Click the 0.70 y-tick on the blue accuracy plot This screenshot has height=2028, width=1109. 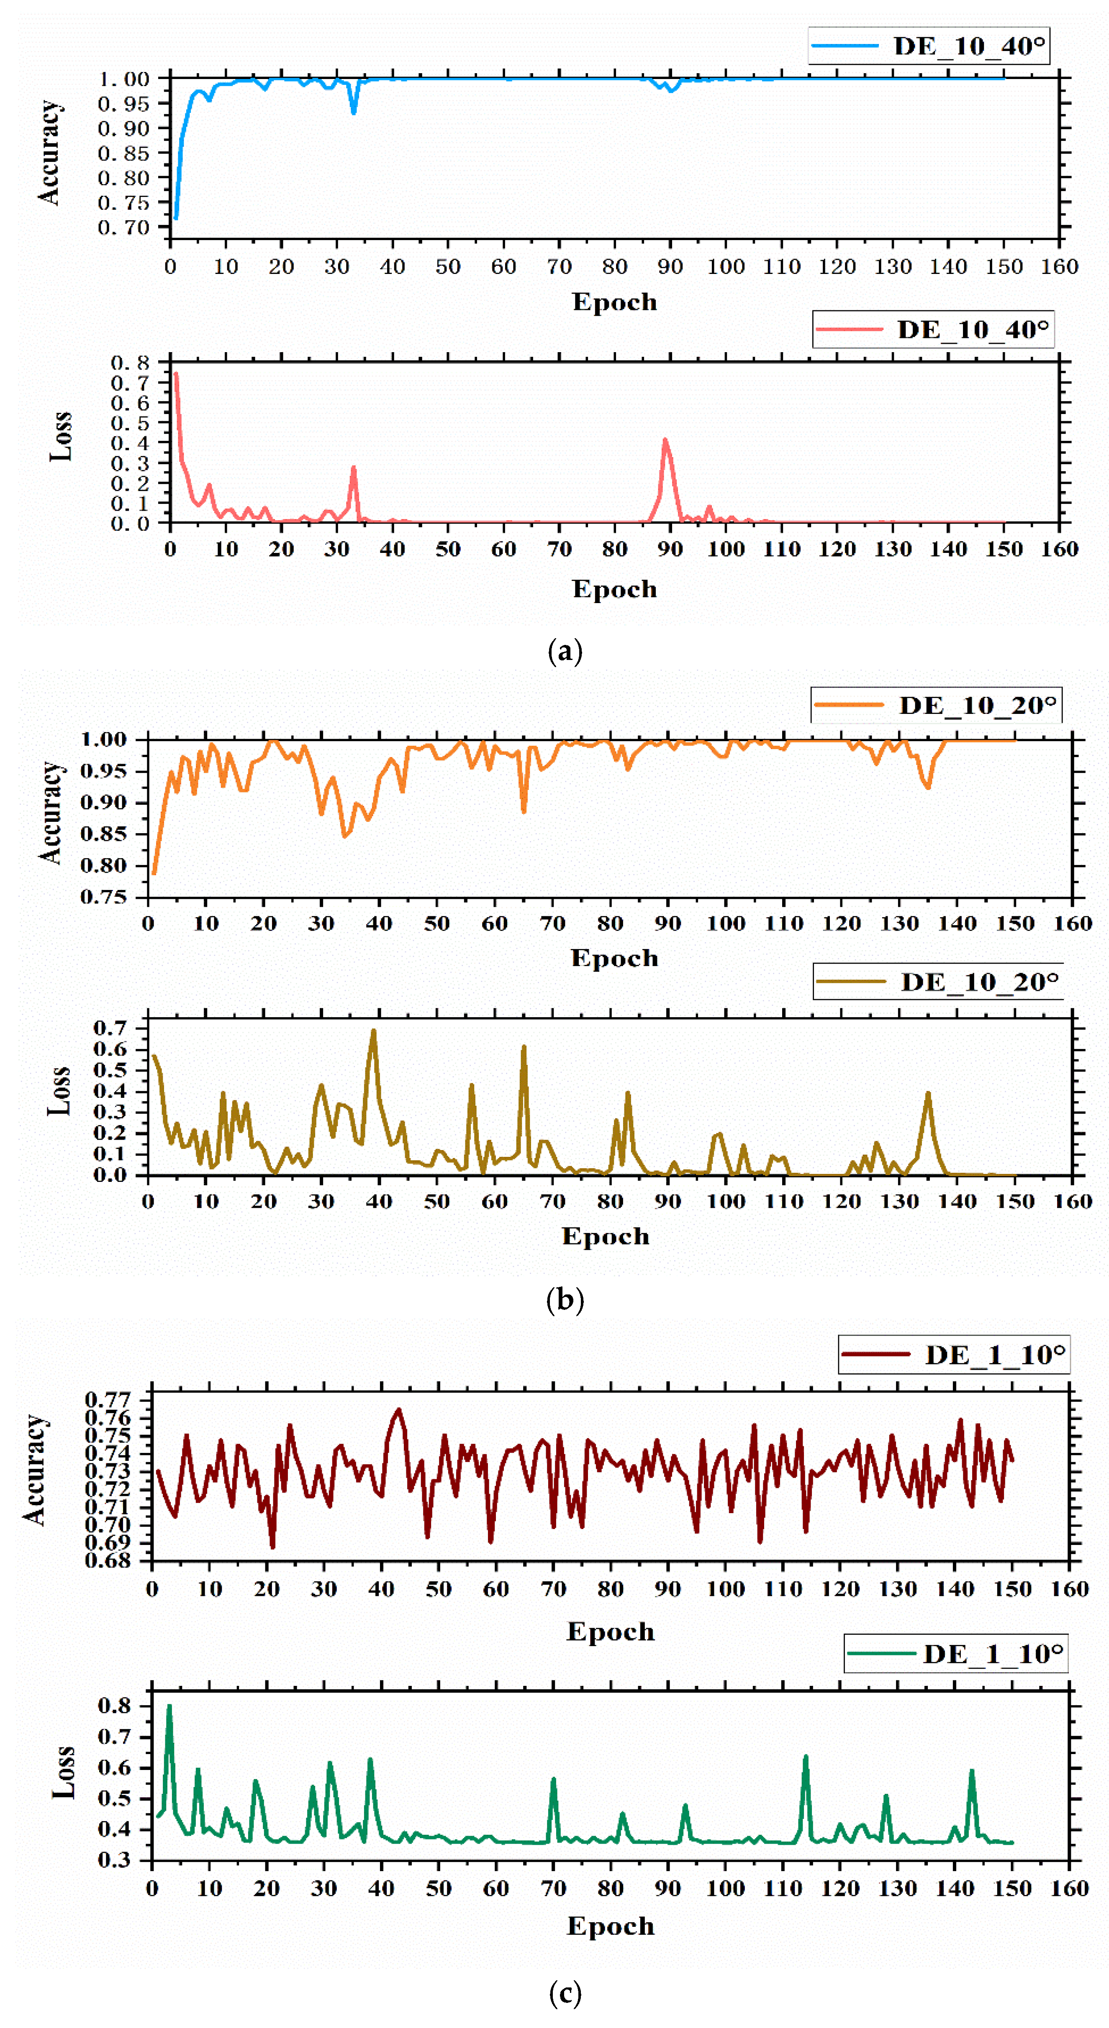(123, 228)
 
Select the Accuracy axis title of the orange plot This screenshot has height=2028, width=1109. (50, 813)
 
